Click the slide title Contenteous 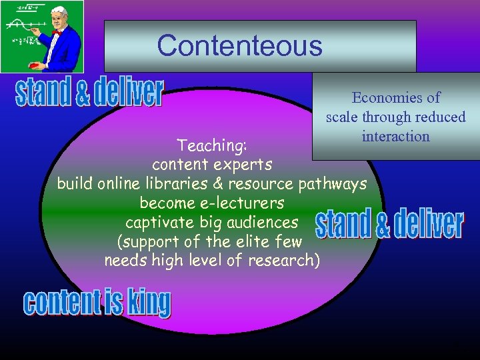click(239, 46)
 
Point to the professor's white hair click(59, 11)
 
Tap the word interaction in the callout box click(395, 136)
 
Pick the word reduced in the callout click(441, 117)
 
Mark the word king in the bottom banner click(149, 303)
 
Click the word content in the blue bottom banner click(61, 303)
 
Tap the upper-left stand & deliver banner click(89, 93)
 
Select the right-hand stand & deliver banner click(389, 225)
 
